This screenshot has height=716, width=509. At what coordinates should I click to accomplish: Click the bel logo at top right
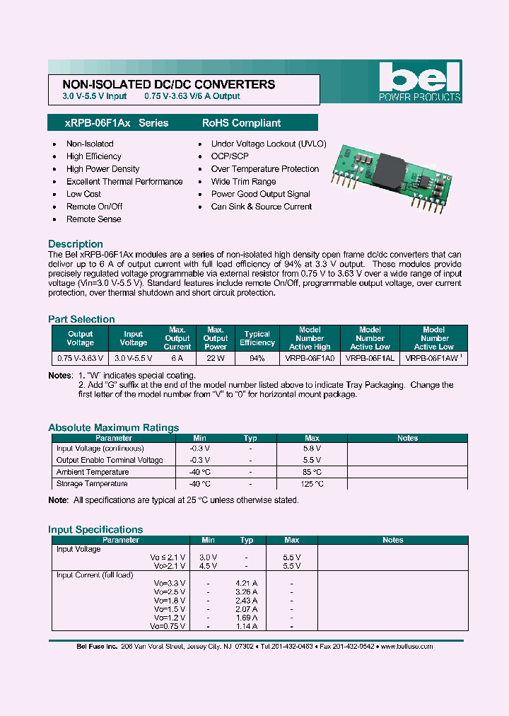pos(419,81)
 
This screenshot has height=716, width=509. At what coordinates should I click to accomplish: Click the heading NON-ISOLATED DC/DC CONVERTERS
pos(164,84)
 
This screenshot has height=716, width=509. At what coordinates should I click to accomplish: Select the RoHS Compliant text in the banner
pos(241,123)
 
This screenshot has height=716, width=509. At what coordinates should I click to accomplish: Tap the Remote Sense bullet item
pos(93,219)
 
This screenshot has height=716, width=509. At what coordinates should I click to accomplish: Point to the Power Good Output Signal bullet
pos(260,194)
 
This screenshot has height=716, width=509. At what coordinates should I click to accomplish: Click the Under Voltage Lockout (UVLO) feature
pos(268,144)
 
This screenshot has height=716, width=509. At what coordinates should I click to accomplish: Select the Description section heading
pos(76,244)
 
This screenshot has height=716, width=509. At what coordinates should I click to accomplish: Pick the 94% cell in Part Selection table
pos(257,359)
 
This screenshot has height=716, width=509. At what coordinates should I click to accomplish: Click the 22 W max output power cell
pos(216,359)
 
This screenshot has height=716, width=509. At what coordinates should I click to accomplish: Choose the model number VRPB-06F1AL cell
pos(370,359)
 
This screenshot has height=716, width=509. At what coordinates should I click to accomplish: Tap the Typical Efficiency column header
pos(257,338)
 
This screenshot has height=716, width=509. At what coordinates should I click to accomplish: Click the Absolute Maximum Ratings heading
pos(113,427)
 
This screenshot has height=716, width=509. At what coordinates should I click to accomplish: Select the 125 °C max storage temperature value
pos(312,484)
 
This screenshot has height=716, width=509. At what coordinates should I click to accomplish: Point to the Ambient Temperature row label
pos(93,472)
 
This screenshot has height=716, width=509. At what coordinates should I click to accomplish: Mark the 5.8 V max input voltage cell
pos(312,449)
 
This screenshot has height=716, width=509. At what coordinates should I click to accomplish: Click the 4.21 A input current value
pos(246,584)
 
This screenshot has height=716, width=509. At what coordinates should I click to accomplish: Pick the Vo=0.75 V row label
pos(168,626)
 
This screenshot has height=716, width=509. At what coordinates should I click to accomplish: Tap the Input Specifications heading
pos(95,529)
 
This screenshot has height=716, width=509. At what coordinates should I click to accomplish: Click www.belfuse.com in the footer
pos(406,647)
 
